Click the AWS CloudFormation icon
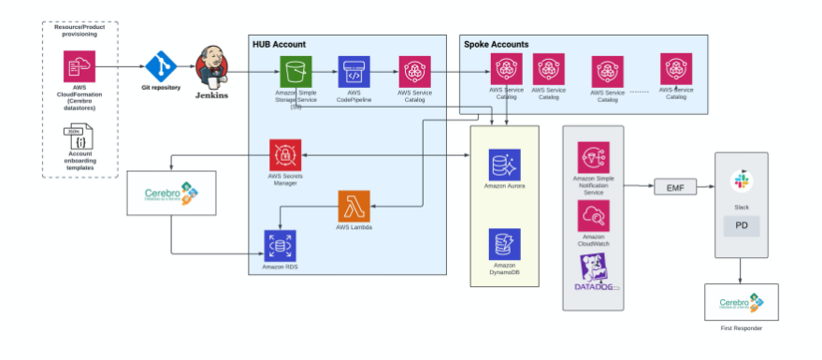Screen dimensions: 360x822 pyautogui.click(x=79, y=66)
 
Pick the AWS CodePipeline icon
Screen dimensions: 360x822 pyautogui.click(x=354, y=72)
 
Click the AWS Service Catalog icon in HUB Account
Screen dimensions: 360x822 pyautogui.click(x=414, y=72)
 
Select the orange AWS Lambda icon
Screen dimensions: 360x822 pyautogui.click(x=353, y=206)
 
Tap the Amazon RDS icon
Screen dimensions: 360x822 pyautogui.click(x=279, y=246)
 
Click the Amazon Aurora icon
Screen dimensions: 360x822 pyautogui.click(x=505, y=165)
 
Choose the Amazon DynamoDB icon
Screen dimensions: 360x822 pyautogui.click(x=505, y=245)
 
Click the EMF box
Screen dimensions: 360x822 pyautogui.click(x=674, y=187)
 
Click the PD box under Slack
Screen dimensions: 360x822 pyautogui.click(x=742, y=226)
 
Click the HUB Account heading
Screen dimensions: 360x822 pyautogui.click(x=279, y=44)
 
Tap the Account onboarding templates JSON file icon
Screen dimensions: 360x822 pyautogui.click(x=79, y=139)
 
